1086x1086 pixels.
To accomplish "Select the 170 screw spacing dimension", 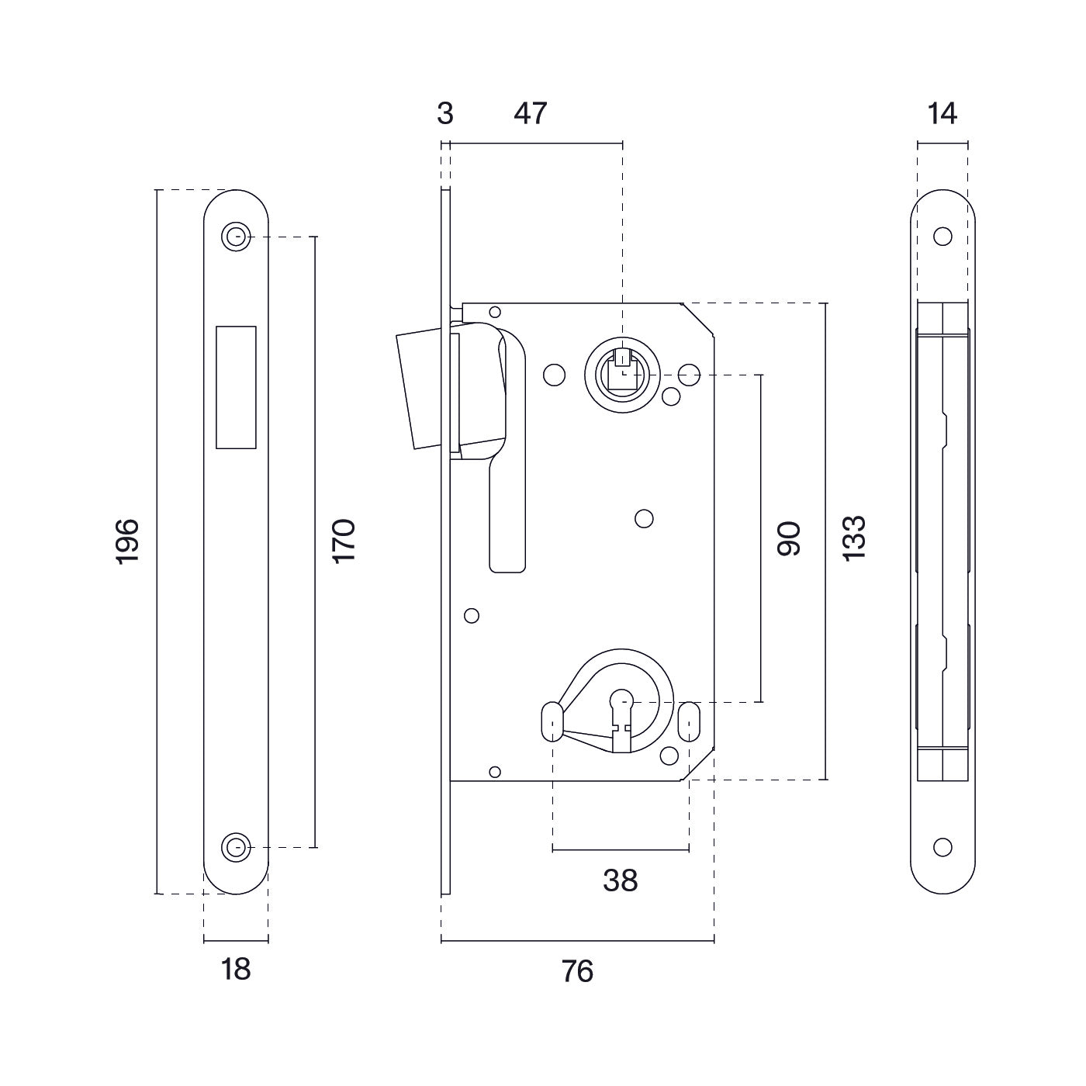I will point(343,541).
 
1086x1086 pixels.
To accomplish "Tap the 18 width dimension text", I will point(236,969).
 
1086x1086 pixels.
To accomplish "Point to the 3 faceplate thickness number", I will point(444,114).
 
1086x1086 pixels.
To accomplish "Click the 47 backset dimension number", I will point(531,114).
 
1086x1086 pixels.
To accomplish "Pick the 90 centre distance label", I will point(789,538).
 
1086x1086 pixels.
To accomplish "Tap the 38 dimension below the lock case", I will point(621,880).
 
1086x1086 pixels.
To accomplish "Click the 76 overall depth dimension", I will point(577,971).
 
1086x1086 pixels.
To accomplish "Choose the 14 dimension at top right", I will point(942,114).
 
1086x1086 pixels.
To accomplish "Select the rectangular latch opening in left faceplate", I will point(236,387).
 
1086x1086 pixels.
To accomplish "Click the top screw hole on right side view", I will point(942,237).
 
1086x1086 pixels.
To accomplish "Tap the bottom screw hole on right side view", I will point(942,847).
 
